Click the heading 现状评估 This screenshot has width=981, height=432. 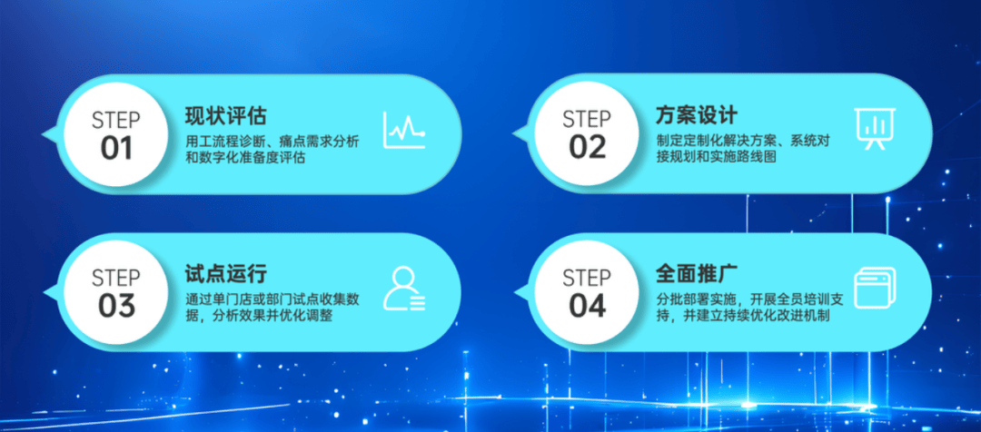pos(226,115)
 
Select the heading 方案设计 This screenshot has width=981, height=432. pos(697,115)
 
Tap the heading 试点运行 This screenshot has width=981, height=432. pos(226,273)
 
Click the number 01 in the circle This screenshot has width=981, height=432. pos(116,149)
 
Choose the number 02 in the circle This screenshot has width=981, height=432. pos(588,148)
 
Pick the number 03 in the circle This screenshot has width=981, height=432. pos(116,306)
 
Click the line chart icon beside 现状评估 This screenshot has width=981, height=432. pos(404,130)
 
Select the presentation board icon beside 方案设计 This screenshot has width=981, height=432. pos(875,129)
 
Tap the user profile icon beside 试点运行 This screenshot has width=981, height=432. pos(404,289)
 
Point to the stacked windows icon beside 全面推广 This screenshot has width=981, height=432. pos(875,288)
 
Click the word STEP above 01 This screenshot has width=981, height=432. pos(116,121)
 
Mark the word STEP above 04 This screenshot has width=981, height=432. pos(588,278)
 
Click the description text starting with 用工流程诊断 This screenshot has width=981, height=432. pos(272,150)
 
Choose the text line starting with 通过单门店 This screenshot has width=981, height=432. pos(272,299)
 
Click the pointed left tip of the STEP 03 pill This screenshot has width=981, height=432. pos(42,292)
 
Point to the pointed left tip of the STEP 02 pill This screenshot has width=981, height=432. pos(513,134)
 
